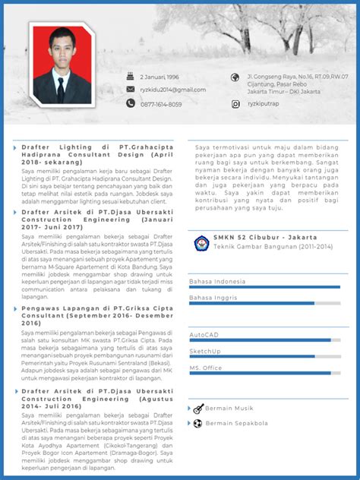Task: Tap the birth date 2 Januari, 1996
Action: (x=159, y=77)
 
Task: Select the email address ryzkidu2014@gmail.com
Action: (x=172, y=90)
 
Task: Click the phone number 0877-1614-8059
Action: (x=161, y=104)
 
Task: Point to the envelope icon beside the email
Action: (x=131, y=90)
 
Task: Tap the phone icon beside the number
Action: (x=131, y=104)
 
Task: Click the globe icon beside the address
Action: (x=235, y=77)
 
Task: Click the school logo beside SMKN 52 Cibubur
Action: (x=201, y=243)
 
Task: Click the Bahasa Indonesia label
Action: (x=219, y=281)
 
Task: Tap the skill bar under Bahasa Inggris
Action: (x=264, y=304)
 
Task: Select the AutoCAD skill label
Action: (x=204, y=334)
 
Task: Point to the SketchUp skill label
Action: (x=205, y=351)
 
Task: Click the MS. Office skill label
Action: (x=206, y=368)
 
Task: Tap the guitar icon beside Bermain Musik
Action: (x=197, y=409)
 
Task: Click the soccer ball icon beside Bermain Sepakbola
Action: (x=197, y=423)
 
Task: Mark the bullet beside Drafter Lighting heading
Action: (x=14, y=147)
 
